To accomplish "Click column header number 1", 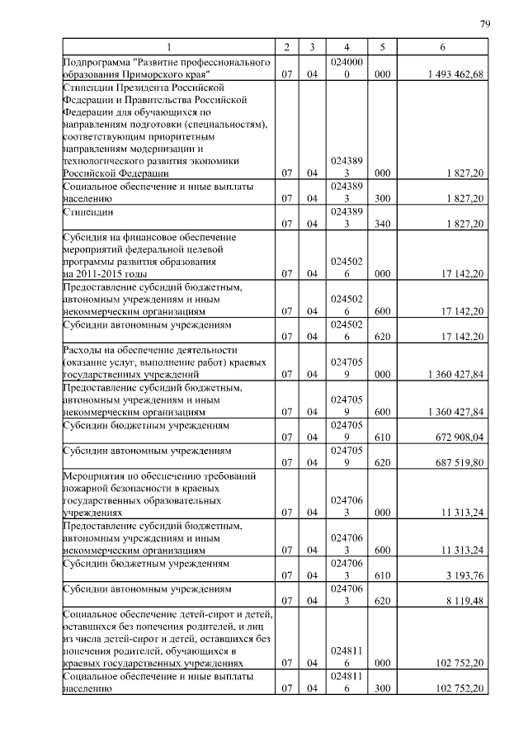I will click(169, 47).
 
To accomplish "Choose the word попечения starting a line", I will click(88, 651).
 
